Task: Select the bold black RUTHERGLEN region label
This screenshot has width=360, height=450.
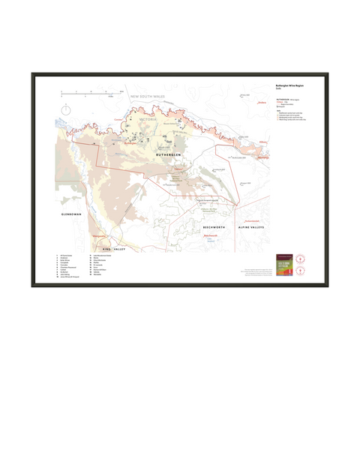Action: point(169,155)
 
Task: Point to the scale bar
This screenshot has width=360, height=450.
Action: point(90,92)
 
